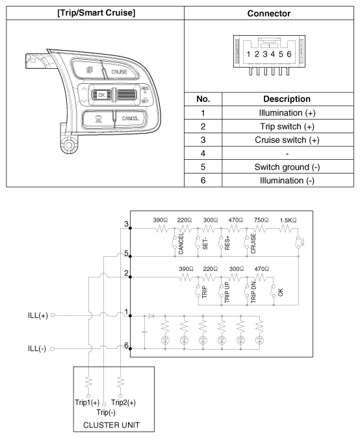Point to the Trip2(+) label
[x=123, y=402]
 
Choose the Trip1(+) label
[x=86, y=402]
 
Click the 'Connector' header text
[x=269, y=13]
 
